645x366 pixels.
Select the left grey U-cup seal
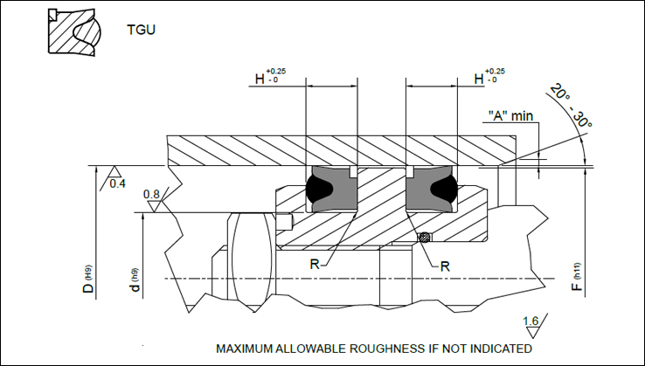(328, 190)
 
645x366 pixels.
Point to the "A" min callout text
(510, 115)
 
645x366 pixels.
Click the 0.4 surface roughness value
(118, 183)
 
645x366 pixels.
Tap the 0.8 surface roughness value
(150, 194)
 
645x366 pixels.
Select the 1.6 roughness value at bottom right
(530, 321)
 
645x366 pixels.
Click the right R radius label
(444, 266)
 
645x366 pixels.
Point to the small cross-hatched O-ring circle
(424, 238)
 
